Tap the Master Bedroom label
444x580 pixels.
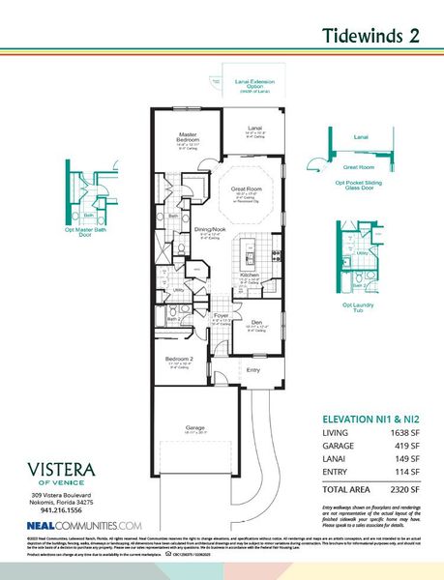pyautogui.click(x=187, y=138)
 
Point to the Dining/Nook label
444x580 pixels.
pyautogui.click(x=210, y=229)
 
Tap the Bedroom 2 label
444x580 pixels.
pyautogui.click(x=182, y=361)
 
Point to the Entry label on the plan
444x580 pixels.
pyautogui.click(x=253, y=369)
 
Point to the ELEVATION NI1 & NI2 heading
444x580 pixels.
pyautogui.click(x=373, y=420)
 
